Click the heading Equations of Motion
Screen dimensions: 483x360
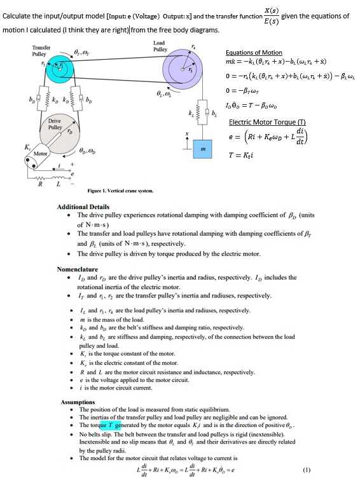click(x=254, y=52)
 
